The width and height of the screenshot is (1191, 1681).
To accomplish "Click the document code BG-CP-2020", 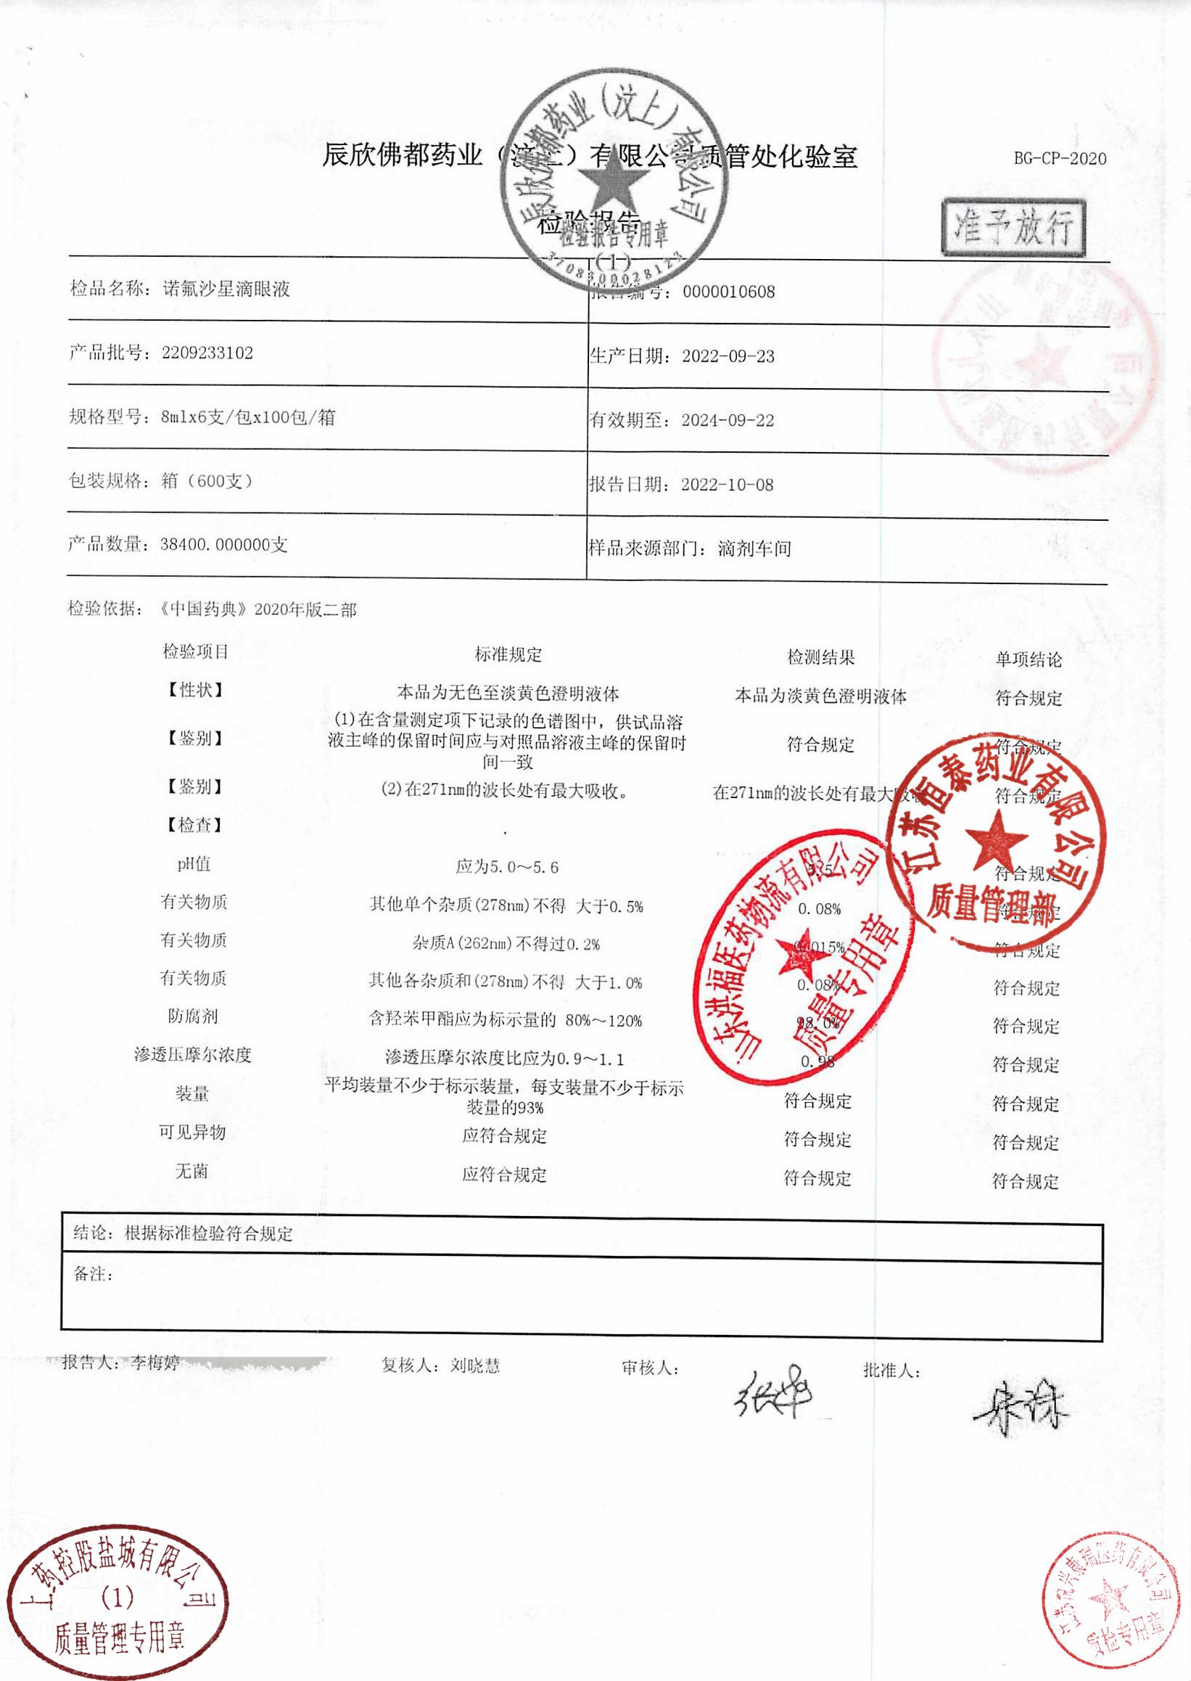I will click(x=1060, y=158).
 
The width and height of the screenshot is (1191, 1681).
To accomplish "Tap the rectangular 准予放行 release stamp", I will click(x=1013, y=226).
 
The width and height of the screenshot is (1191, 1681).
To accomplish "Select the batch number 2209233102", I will click(x=207, y=353).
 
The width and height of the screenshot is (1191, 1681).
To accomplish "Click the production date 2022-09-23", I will click(x=728, y=356).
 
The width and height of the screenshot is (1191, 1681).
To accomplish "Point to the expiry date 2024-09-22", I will click(x=728, y=420).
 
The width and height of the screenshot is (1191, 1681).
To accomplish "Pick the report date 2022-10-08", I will click(x=727, y=485).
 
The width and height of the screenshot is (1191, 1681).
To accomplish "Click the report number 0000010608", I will click(x=728, y=292).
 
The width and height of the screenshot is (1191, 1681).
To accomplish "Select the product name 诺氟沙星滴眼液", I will click(x=226, y=289).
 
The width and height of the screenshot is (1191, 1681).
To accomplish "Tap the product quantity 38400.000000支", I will click(x=223, y=545).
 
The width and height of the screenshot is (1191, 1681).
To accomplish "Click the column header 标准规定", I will click(x=508, y=654).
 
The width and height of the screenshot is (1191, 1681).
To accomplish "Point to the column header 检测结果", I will click(x=820, y=657).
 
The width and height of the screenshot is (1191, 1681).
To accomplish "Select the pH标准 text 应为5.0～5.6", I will click(x=507, y=867).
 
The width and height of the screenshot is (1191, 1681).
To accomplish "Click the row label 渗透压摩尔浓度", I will click(x=192, y=1055).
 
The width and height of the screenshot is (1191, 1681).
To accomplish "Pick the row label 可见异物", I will click(x=192, y=1132).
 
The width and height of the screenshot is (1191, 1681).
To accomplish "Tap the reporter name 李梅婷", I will click(x=155, y=1363).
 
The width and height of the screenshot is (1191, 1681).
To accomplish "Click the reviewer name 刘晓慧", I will click(x=475, y=1365).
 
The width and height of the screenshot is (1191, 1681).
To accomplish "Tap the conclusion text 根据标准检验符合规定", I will click(x=208, y=1233).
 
